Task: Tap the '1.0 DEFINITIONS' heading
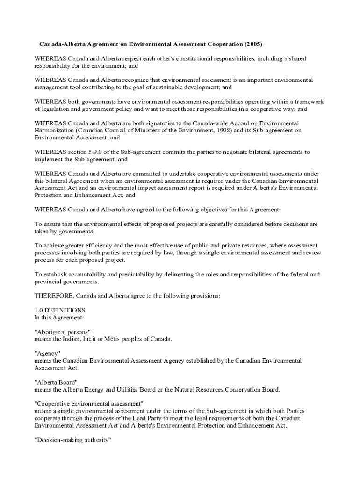pos(60,310)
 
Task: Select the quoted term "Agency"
pos(47,353)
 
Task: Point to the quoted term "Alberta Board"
pos(56,382)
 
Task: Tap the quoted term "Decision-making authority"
pos(72,440)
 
